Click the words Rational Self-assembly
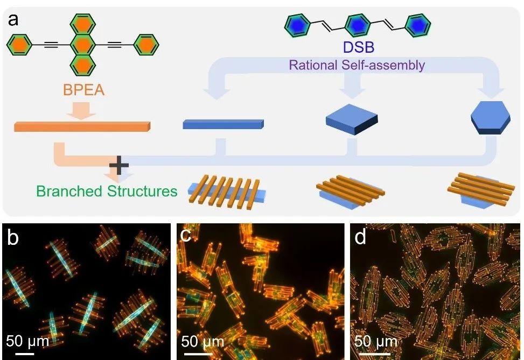(x=357, y=65)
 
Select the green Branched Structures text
(x=107, y=191)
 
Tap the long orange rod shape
(x=82, y=127)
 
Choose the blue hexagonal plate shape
(x=490, y=117)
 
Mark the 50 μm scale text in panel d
(x=375, y=341)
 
